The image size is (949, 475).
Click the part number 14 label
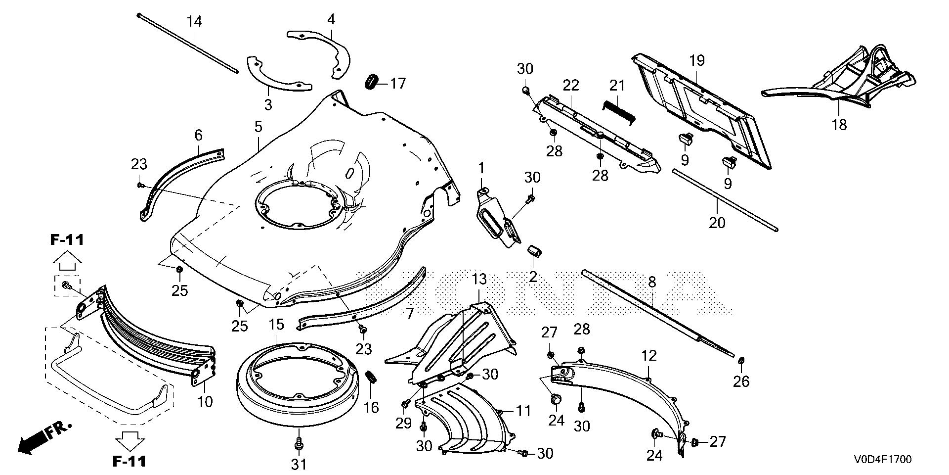pos(194,22)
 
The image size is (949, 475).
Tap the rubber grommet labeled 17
pos(371,82)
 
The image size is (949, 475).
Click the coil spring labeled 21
pos(618,110)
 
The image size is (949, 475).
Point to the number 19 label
pos(697,61)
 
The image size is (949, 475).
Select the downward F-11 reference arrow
pos(130,438)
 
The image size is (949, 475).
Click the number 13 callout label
pos(479,280)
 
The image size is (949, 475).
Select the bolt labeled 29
pos(405,404)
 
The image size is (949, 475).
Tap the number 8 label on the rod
pos(651,283)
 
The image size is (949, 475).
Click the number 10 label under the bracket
pos(205,401)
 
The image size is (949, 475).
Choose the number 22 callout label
pos(571,85)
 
